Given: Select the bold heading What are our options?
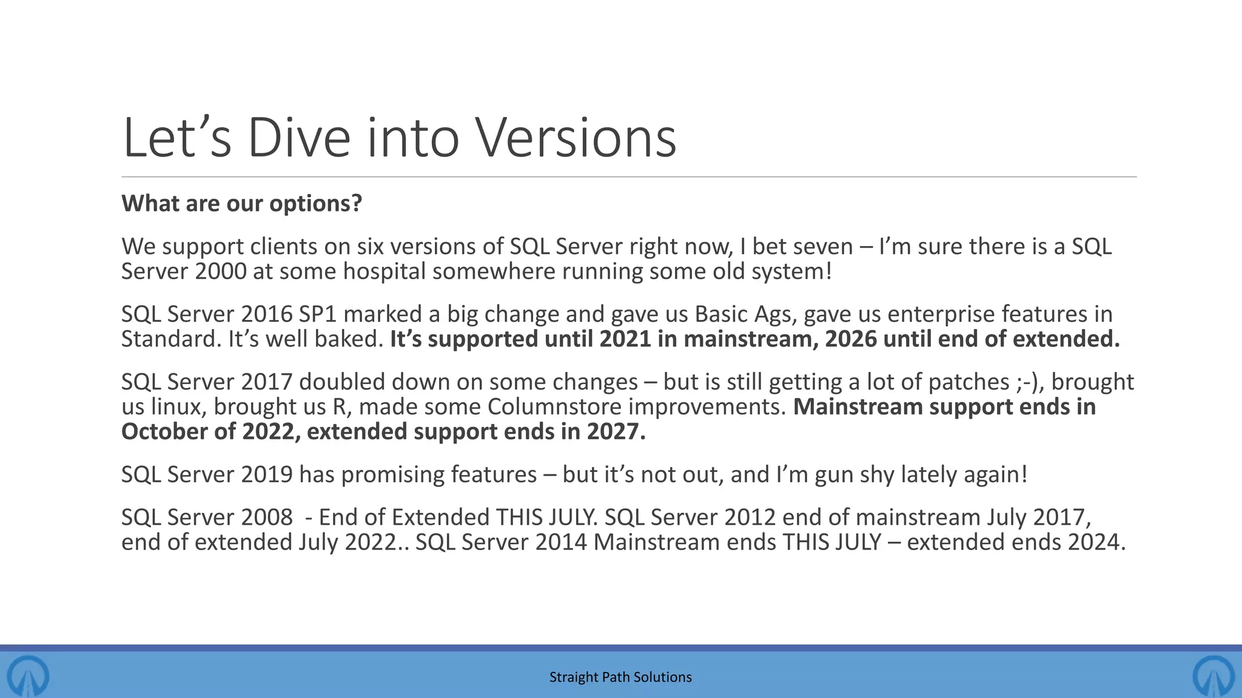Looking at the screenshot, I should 241,204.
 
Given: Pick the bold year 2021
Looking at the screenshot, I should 625,339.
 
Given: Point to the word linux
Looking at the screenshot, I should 180,407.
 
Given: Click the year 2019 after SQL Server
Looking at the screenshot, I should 267,474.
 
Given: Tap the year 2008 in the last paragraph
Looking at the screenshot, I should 267,517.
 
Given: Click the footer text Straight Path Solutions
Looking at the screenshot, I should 620,677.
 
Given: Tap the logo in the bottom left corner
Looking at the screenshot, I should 27,675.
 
